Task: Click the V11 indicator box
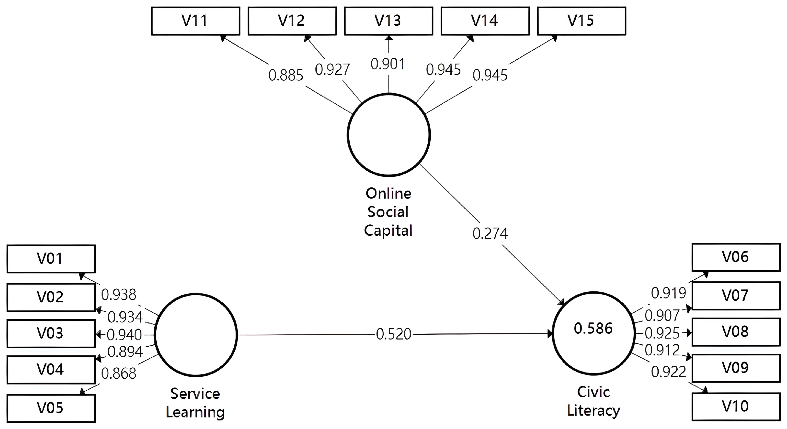195,21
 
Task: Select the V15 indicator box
582,21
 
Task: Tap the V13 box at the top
388,21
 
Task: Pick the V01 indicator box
51,259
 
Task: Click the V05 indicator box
51,408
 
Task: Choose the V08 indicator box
736,332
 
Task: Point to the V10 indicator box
736,407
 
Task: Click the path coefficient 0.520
393,334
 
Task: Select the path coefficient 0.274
490,234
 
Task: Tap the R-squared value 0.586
593,329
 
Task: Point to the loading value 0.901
388,64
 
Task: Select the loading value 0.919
668,293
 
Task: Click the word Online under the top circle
388,194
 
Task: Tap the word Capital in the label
388,231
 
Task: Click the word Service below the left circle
195,394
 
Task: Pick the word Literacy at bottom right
593,411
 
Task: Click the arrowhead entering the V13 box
389,38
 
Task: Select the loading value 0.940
124,335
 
